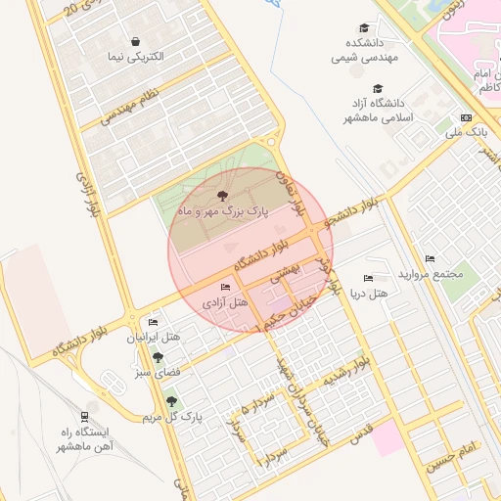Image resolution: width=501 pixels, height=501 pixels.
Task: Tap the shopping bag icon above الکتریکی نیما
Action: tap(134, 40)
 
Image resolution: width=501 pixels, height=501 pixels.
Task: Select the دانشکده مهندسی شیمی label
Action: tap(363, 51)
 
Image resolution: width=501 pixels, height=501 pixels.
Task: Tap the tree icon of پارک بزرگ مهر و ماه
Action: tap(226, 197)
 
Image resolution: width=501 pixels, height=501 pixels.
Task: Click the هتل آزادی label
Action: tap(224, 303)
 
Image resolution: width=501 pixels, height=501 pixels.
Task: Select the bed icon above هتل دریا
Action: tap(369, 279)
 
